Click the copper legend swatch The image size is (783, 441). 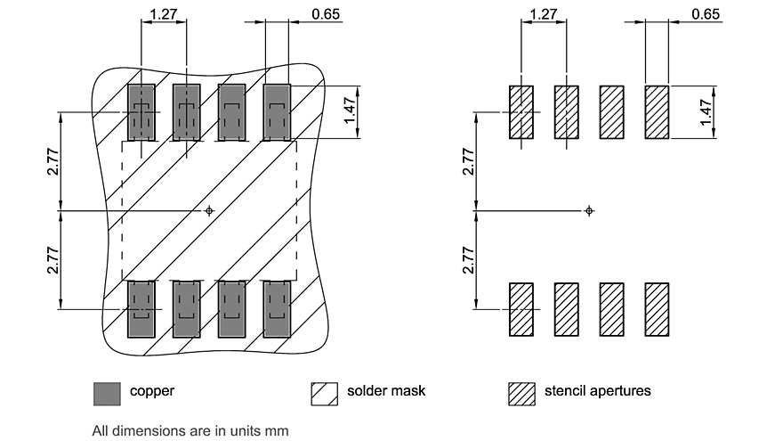(107, 392)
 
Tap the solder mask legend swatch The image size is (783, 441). (324, 392)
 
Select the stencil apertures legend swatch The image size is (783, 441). (521, 392)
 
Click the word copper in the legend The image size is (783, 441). (152, 391)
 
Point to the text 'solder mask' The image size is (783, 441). (386, 391)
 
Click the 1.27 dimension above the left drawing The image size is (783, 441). (164, 14)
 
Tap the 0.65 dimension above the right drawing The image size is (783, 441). (706, 14)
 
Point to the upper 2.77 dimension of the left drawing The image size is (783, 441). (53, 161)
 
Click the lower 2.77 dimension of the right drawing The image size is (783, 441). (469, 260)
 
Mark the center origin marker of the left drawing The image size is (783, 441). (209, 210)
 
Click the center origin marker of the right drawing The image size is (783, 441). (589, 210)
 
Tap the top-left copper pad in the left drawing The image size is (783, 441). (141, 112)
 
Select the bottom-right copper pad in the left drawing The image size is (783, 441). (278, 309)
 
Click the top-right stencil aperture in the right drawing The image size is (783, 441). (657, 112)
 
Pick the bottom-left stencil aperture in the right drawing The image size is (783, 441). (521, 309)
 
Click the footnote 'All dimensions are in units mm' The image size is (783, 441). (190, 430)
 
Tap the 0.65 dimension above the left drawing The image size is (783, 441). (326, 14)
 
